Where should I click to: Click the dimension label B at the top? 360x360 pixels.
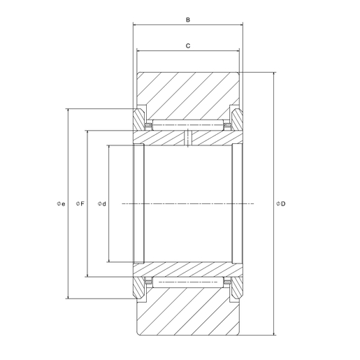(188, 20)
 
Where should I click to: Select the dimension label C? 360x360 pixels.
(188, 45)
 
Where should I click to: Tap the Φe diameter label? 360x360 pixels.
(61, 204)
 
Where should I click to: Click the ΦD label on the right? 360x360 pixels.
(281, 204)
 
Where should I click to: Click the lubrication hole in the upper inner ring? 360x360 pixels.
(189, 138)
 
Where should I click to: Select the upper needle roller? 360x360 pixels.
(188, 125)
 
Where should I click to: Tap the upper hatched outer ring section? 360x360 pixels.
(188, 94)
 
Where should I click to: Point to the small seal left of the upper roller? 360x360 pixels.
(148, 126)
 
